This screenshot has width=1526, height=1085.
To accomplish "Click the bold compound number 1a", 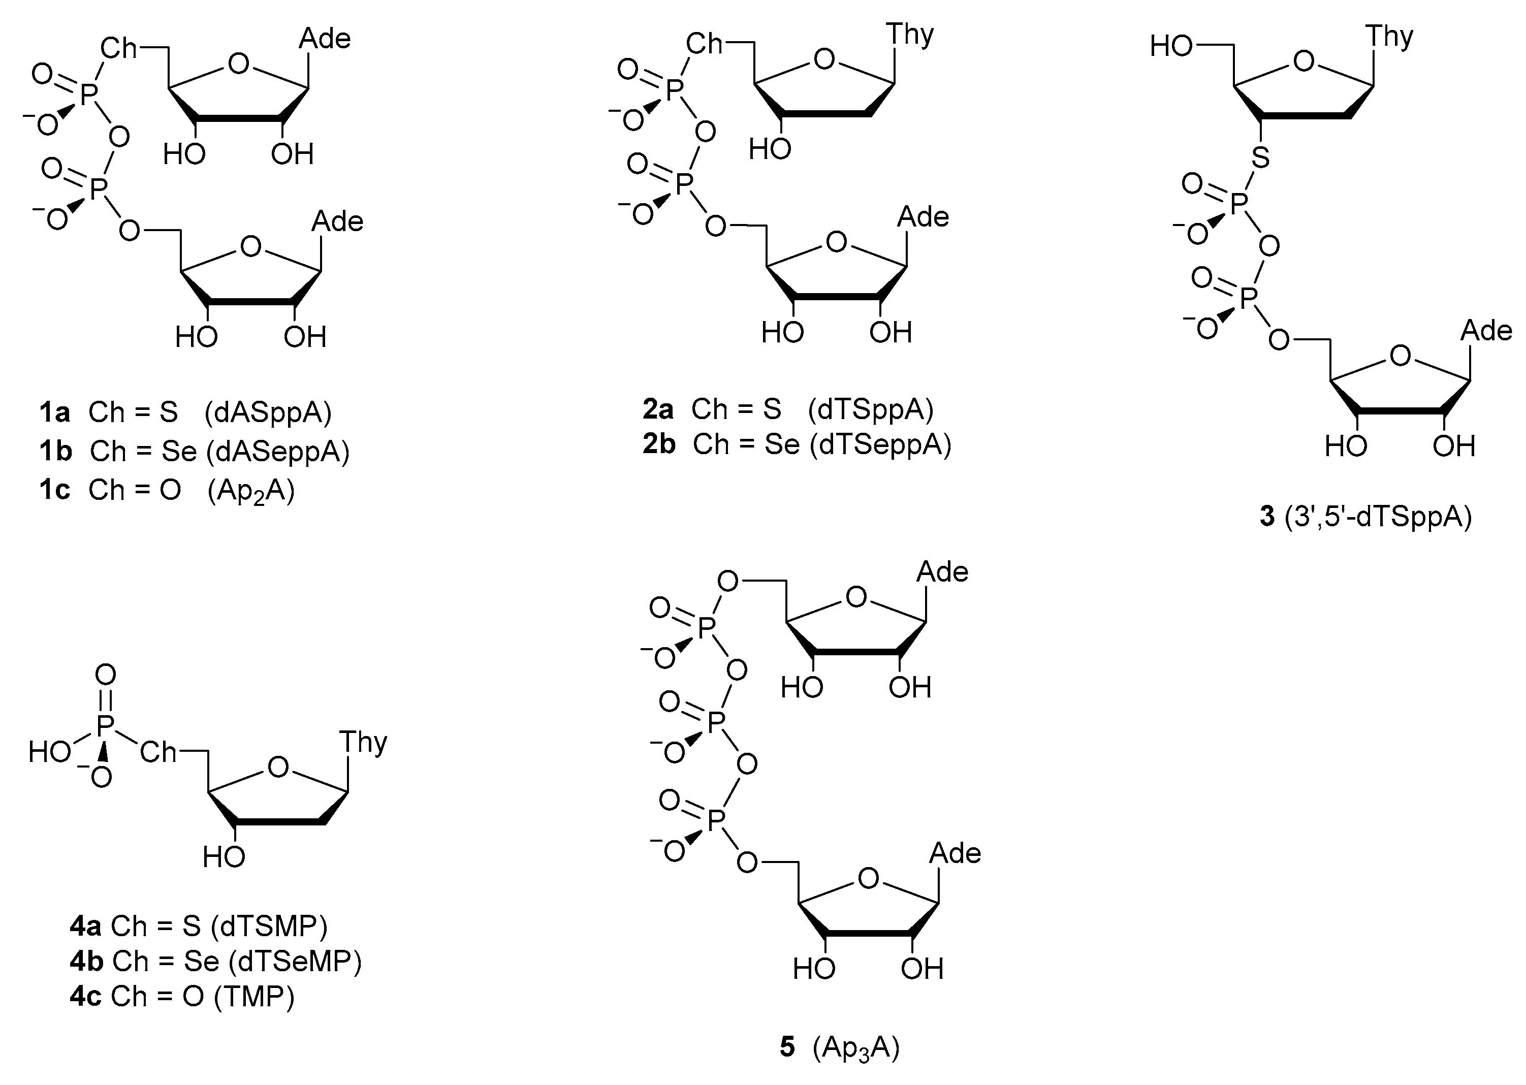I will click(54, 413).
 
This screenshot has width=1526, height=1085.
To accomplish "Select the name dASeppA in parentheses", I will click(277, 452).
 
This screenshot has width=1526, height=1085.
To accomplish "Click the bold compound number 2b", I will click(659, 444).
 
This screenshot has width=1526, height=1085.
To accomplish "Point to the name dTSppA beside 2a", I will click(870, 409).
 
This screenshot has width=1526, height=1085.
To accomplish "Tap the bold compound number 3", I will click(1267, 517).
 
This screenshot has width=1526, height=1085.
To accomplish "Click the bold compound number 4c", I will click(85, 996).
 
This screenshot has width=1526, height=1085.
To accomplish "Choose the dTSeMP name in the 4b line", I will click(295, 962).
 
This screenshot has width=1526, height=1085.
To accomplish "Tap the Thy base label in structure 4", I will click(363, 742).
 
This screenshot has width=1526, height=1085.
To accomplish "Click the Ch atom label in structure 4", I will click(157, 753).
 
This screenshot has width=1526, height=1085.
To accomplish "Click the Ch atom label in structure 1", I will click(118, 48).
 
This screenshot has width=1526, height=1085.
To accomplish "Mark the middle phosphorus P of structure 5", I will click(716, 722).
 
